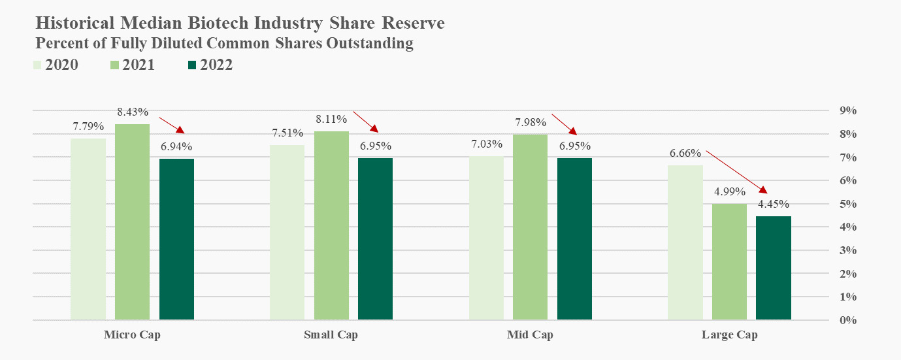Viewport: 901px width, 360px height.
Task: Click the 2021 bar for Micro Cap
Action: pos(132,222)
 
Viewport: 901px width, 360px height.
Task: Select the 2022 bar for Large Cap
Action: pos(774,268)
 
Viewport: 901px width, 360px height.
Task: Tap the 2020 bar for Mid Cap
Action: pos(487,238)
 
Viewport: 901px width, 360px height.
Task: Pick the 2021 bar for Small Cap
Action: pos(331,225)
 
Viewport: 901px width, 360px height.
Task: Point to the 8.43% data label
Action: pos(133,112)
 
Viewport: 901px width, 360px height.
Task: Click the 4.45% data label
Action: pos(774,204)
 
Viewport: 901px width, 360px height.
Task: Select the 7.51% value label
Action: pos(287,133)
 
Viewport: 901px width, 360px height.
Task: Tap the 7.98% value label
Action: pos(531,122)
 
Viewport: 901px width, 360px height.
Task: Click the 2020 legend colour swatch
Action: pos(38,65)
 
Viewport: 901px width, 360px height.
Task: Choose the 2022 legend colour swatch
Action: pos(192,65)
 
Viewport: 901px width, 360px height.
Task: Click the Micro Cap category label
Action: pos(132,335)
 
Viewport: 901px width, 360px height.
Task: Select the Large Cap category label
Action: pos(730,335)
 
